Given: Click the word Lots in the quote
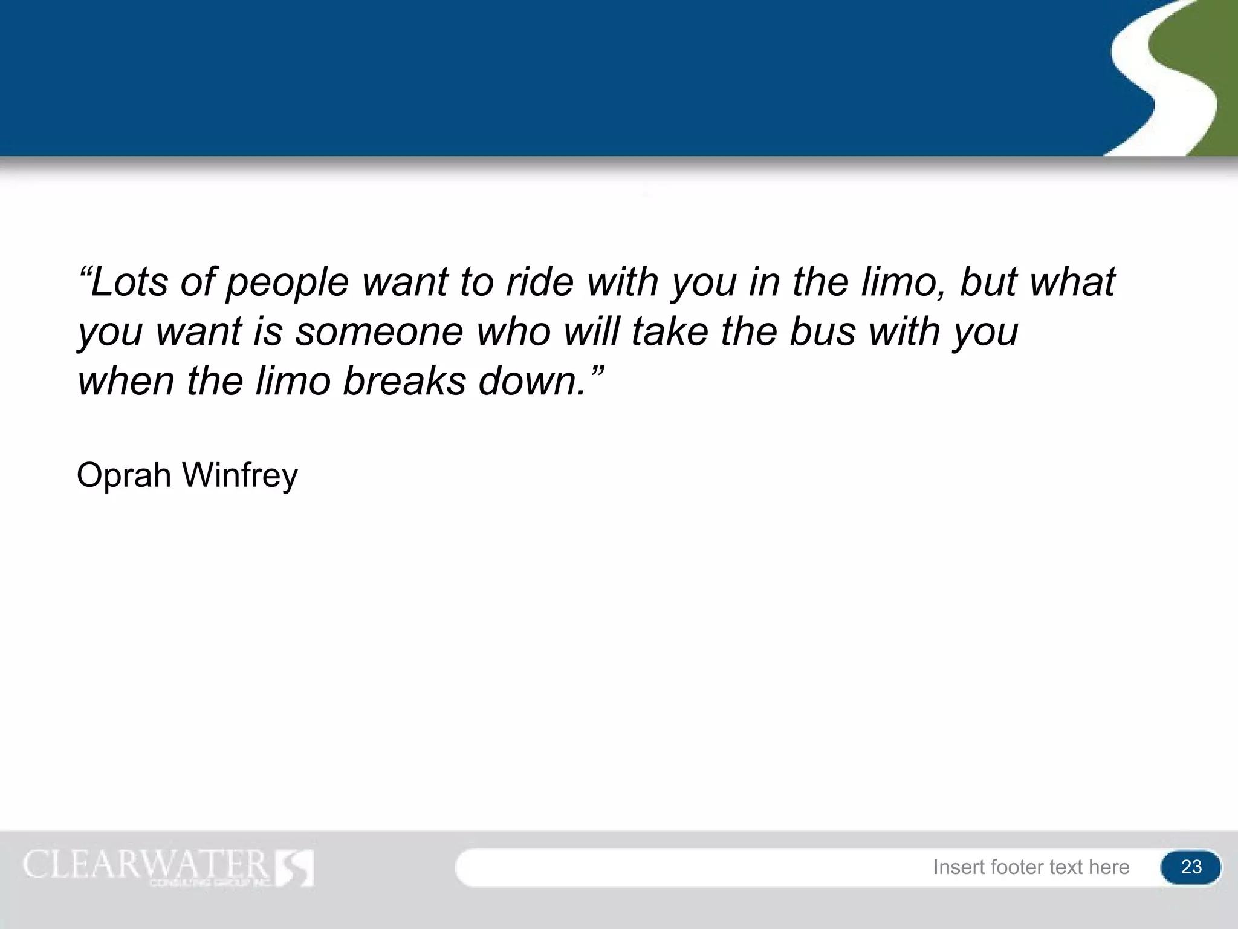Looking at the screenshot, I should pos(128,282).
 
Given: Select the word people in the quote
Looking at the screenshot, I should pos(287,283).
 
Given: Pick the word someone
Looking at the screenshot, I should pos(379,332).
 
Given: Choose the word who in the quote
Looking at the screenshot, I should pos(514,332).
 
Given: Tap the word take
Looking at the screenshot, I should pos(670,332).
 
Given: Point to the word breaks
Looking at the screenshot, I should pos(404,382).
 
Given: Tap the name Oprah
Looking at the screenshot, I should pos(124,476).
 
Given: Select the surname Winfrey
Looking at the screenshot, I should pos(240,476).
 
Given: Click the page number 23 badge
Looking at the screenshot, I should pos(1190,867).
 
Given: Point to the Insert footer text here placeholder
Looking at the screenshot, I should pos(1031,867).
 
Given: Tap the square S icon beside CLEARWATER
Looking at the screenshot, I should pos(294,868).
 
